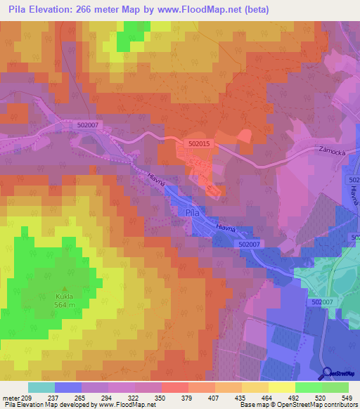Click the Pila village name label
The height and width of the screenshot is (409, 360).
pos(192,212)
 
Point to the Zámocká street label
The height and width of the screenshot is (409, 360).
pos(333,150)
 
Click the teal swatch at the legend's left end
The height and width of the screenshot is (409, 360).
pos(41,387)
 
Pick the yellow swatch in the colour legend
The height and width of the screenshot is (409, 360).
pos(281,387)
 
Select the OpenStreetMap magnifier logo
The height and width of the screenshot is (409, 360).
pos(326,374)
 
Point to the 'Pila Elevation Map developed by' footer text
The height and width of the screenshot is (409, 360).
pos(49,405)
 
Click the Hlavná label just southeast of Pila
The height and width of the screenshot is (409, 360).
pos(226,228)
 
